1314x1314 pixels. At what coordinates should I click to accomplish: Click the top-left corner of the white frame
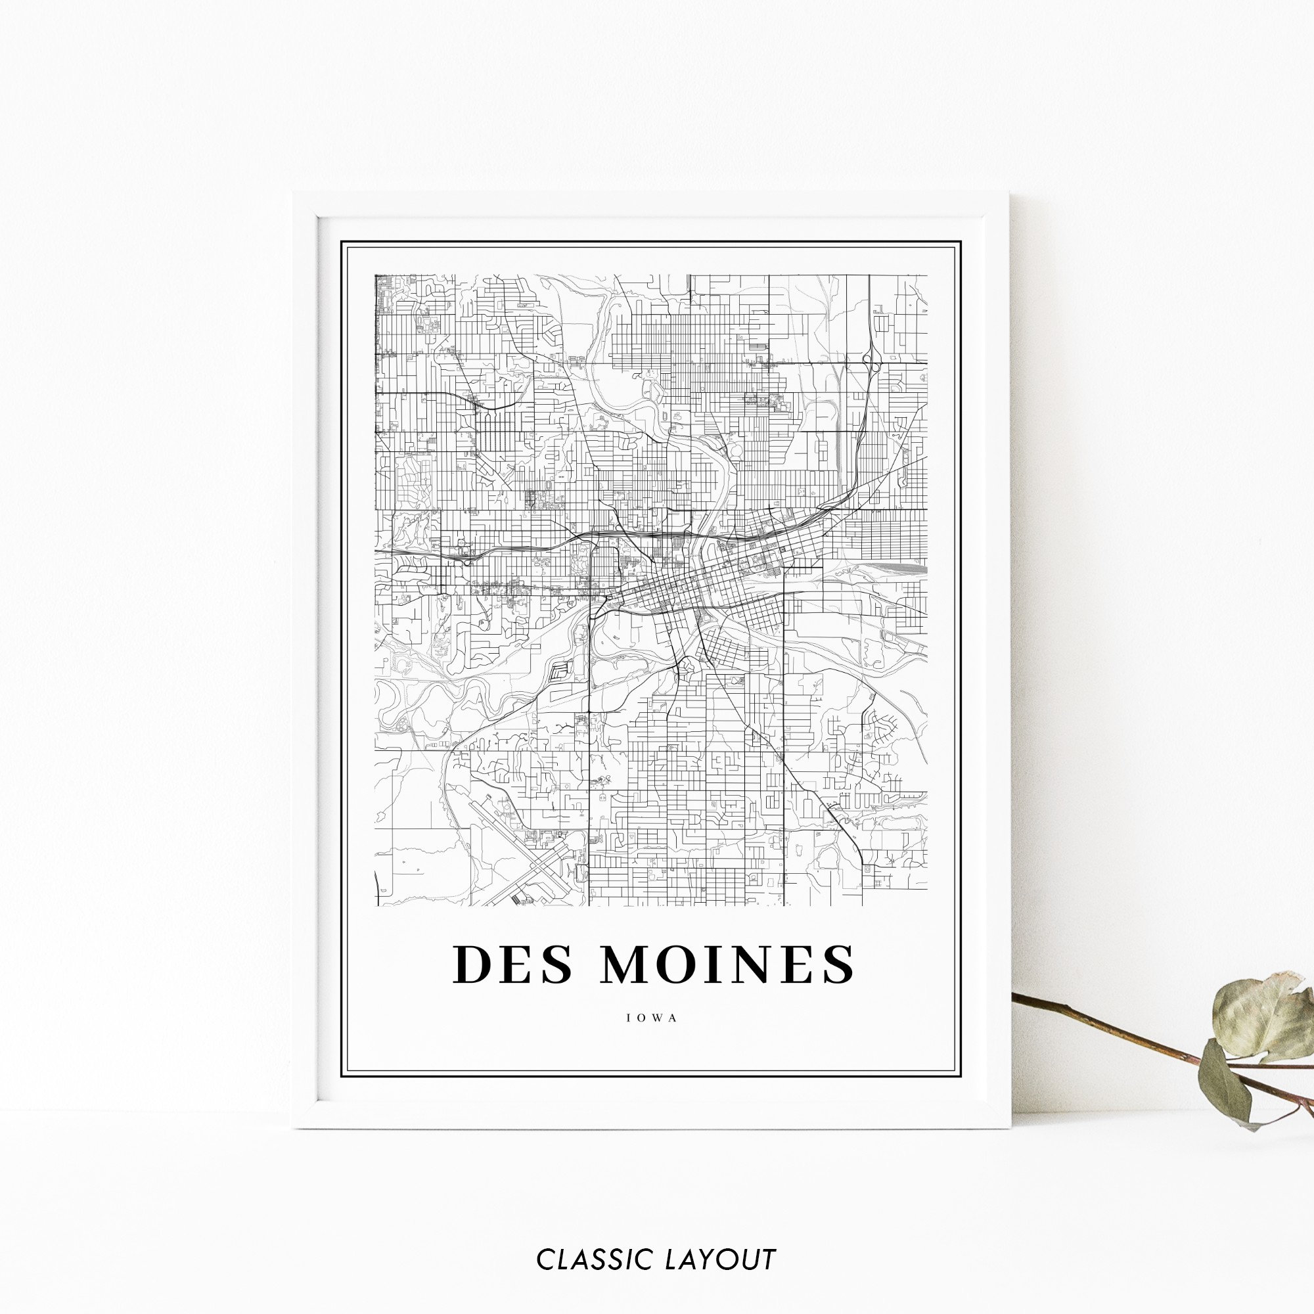(294, 193)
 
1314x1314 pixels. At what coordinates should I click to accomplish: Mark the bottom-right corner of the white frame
(1010, 1128)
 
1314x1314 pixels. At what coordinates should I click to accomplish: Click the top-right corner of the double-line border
(962, 240)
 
